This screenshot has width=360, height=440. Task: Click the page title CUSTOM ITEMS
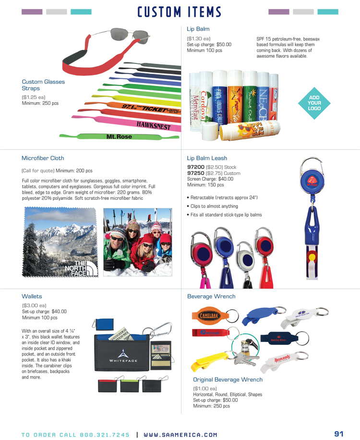(180, 12)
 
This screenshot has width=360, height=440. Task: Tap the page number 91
(339, 434)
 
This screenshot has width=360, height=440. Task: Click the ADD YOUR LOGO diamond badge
(314, 103)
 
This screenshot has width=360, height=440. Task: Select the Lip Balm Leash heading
(207, 158)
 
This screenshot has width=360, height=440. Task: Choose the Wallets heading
(32, 296)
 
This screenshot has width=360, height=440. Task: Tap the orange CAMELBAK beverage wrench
(210, 316)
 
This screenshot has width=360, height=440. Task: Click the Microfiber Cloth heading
(43, 158)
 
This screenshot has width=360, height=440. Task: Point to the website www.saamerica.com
(180, 435)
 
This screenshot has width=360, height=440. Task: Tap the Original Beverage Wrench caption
(228, 379)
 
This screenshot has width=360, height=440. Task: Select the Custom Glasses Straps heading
(43, 85)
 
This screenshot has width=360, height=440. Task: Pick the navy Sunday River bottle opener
(276, 338)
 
